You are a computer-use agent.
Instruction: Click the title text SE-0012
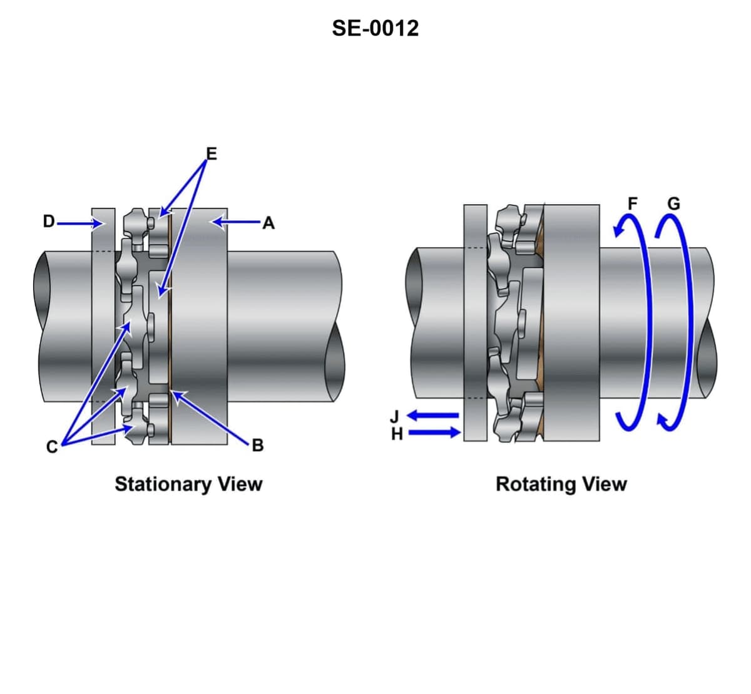point(375,28)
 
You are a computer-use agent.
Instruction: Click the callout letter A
point(268,222)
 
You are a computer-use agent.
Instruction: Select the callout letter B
point(257,446)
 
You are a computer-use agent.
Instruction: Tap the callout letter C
point(52,446)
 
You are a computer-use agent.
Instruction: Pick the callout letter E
point(211,153)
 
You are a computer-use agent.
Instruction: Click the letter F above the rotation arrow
point(633,203)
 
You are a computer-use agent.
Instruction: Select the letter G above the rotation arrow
point(673,203)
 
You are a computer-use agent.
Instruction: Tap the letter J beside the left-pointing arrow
point(394,416)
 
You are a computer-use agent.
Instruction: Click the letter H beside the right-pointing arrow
point(396,433)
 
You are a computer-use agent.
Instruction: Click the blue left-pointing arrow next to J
point(433,415)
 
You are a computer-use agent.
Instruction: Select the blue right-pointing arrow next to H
point(434,432)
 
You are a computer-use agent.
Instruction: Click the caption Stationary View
point(188,484)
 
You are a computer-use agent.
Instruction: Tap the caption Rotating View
point(561,484)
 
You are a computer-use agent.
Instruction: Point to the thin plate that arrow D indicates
point(103,325)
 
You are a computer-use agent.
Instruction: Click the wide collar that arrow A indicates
point(199,325)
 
